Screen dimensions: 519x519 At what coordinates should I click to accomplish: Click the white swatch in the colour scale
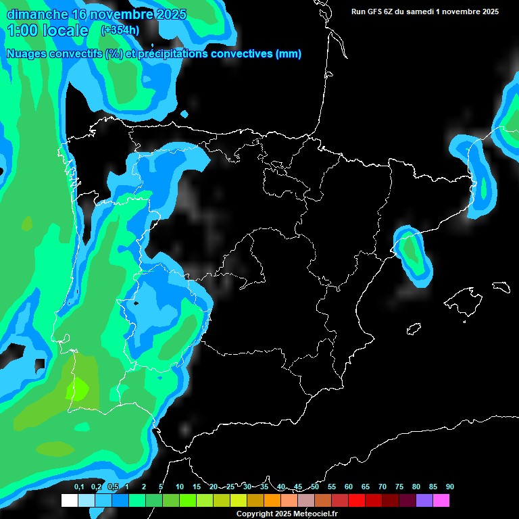(70, 501)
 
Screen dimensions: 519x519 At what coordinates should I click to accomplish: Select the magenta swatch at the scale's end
(441, 501)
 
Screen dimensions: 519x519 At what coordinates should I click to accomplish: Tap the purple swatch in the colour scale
(424, 501)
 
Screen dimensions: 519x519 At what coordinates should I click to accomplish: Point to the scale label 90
(449, 487)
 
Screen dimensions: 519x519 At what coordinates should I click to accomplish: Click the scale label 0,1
(79, 487)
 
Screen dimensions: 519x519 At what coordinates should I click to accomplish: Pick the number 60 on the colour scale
(349, 487)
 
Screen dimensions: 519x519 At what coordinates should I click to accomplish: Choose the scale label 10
(180, 487)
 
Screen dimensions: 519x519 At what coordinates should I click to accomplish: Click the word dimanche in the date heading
(36, 14)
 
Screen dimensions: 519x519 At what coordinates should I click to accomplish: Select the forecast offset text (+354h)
(121, 30)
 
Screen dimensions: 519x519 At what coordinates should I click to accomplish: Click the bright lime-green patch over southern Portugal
(77, 389)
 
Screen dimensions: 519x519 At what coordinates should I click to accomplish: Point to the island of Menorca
(500, 287)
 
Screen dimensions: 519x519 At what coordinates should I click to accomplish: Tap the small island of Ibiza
(414, 329)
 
